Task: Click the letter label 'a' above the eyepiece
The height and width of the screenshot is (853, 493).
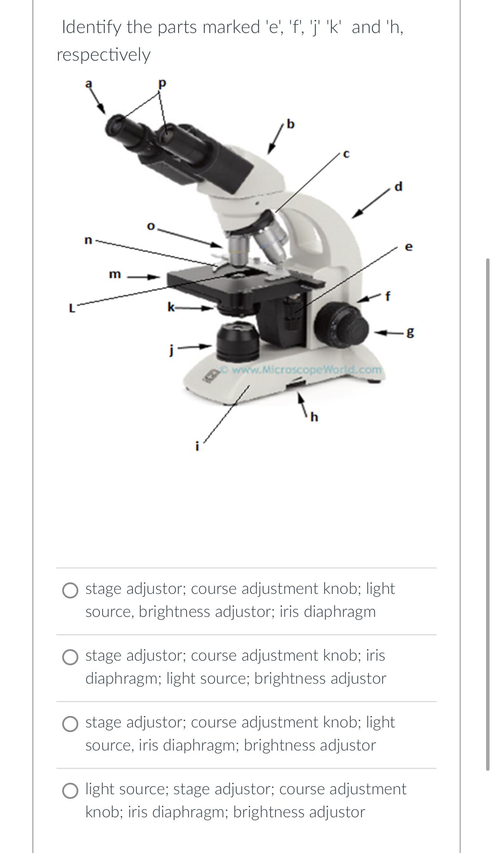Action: tap(89, 83)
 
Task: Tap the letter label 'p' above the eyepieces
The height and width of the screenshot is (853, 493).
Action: tap(162, 83)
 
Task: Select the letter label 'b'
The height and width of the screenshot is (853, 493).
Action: tap(291, 124)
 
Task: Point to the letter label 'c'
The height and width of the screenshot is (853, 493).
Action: tap(346, 154)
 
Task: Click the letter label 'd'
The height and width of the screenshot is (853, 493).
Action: tap(399, 187)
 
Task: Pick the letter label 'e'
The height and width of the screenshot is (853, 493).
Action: tap(409, 247)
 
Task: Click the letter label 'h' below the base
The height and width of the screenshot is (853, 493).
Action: tap(314, 417)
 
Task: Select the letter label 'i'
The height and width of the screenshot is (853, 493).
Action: tap(197, 446)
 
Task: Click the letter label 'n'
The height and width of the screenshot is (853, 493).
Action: tap(88, 240)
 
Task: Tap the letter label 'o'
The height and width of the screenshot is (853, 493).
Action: tap(151, 226)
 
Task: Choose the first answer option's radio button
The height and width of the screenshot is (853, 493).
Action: tap(70, 591)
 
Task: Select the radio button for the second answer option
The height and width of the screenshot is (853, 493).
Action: tap(70, 658)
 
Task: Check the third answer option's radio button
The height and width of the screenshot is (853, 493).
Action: tap(70, 724)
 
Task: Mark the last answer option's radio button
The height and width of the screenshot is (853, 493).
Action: tap(70, 791)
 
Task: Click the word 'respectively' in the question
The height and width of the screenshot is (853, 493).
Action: tap(104, 55)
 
